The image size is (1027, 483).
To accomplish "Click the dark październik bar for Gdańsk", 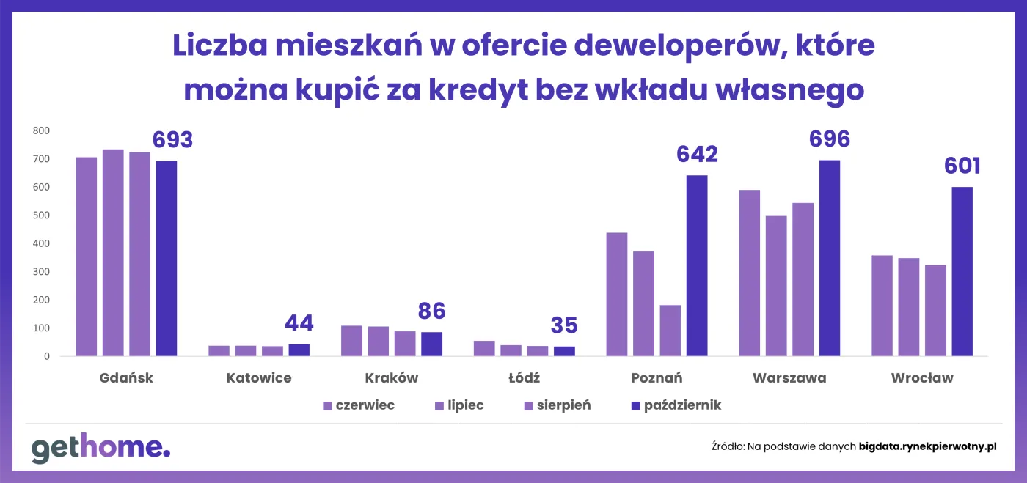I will click(x=166, y=259).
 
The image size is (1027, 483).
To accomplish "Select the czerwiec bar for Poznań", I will click(x=617, y=295).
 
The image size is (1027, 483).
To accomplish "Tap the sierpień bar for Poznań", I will click(x=670, y=331).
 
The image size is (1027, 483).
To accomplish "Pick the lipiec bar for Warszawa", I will click(x=776, y=286).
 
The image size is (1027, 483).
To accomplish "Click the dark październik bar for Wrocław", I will click(x=962, y=272).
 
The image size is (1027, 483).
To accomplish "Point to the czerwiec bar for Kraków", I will click(x=351, y=341).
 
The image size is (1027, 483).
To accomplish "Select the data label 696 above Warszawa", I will click(x=829, y=139).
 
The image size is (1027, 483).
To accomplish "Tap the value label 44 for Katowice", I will click(x=299, y=322).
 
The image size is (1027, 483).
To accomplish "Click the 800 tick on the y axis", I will click(x=40, y=131).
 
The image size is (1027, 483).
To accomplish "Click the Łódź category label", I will click(x=524, y=378).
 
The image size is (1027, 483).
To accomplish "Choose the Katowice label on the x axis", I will click(x=259, y=378).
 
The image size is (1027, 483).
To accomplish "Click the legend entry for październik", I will click(x=676, y=405).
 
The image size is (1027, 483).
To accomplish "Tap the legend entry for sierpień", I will click(x=557, y=405).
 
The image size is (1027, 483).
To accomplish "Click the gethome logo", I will click(x=100, y=448).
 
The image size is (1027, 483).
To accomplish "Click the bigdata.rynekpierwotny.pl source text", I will click(x=927, y=446).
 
